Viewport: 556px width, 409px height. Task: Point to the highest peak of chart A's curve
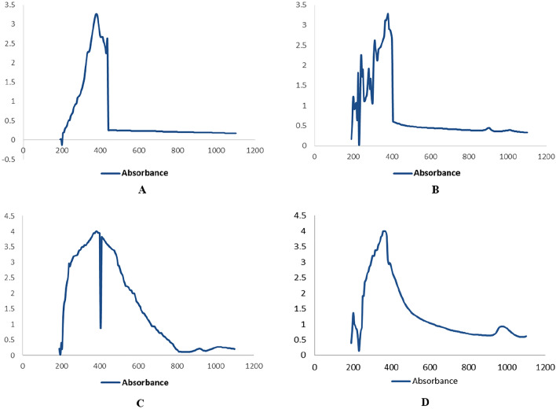tap(96, 14)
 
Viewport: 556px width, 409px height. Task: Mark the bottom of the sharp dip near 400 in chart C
tap(101, 328)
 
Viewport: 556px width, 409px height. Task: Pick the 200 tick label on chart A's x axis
tap(61, 150)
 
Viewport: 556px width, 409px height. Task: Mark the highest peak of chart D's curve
tap(384, 231)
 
